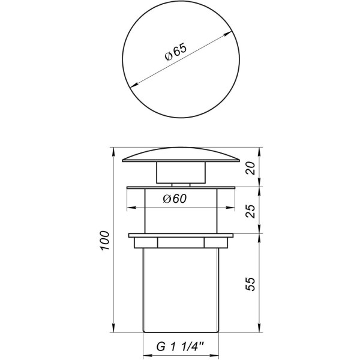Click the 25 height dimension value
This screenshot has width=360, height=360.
point(252,209)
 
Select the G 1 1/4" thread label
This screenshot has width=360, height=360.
point(180,347)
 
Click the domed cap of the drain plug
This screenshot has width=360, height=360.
point(180,154)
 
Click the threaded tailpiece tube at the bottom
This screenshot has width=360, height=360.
point(180,288)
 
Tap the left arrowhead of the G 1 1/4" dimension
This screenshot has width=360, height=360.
point(145,354)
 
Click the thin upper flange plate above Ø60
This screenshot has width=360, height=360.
point(180,188)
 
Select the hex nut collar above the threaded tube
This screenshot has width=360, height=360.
point(180,242)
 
